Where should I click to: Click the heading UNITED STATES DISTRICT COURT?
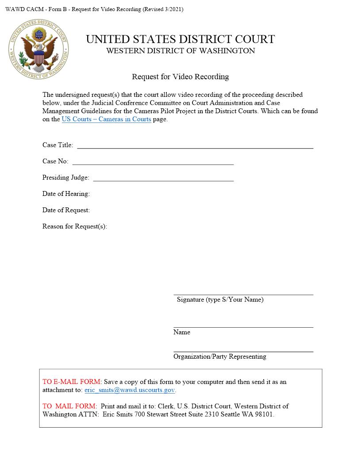pos(180,39)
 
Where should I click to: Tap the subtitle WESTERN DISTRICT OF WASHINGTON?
pos(180,51)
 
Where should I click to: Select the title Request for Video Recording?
pos(180,77)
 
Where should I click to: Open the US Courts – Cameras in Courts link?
pos(106,119)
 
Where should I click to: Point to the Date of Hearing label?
pos(66,194)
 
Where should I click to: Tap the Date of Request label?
pos(66,210)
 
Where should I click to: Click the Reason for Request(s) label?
pos(74,226)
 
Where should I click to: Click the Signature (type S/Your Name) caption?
pos(220,299)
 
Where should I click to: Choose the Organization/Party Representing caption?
pos(219,356)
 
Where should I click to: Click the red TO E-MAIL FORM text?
pos(72,382)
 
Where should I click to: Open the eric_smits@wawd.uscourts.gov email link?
pos(130,390)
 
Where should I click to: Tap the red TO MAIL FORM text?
pos(69,406)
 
